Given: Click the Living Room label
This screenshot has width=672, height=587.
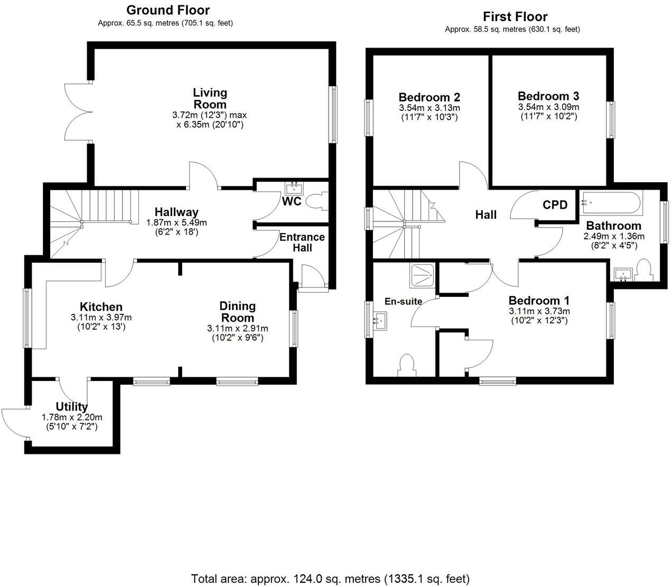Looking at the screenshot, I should pyautogui.click(x=210, y=99).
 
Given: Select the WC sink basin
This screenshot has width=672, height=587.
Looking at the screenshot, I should pyautogui.click(x=294, y=188).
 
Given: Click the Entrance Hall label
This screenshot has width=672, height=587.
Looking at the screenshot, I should pyautogui.click(x=302, y=243).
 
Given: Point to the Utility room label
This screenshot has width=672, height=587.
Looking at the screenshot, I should pyautogui.click(x=72, y=407).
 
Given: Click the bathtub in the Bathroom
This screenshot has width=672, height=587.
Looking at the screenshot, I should pyautogui.click(x=611, y=202).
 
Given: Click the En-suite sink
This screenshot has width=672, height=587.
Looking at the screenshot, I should pyautogui.click(x=380, y=319).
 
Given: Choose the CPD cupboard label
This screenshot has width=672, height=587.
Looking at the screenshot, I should pyautogui.click(x=555, y=205).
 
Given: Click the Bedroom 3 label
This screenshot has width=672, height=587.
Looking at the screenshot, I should pyautogui.click(x=548, y=96).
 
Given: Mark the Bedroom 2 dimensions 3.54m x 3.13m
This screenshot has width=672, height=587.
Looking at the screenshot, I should pyautogui.click(x=430, y=108).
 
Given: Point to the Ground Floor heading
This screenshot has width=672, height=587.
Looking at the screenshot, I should pyautogui.click(x=168, y=10).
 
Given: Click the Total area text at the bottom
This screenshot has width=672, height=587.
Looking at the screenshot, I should pyautogui.click(x=330, y=579).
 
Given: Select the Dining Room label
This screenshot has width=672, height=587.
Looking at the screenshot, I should pyautogui.click(x=238, y=312).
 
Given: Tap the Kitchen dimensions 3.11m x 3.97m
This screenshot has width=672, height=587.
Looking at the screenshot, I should pyautogui.click(x=101, y=318).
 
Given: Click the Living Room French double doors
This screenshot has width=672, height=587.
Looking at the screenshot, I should pyautogui.click(x=77, y=111).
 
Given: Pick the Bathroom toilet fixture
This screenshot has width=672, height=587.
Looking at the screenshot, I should pyautogui.click(x=644, y=269).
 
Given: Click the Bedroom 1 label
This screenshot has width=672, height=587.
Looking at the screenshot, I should pyautogui.click(x=539, y=301).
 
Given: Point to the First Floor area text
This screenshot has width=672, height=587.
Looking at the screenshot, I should pyautogui.click(x=512, y=30).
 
